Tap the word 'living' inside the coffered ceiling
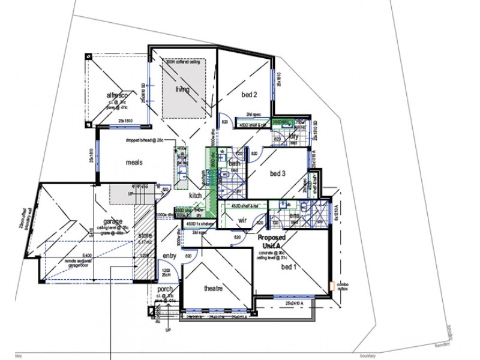tap(182, 90)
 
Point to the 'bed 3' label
tap(277, 173)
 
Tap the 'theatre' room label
tap(214, 289)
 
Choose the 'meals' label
tap(134, 162)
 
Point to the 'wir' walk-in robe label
tap(242, 221)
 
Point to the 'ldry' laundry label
tap(293, 136)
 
